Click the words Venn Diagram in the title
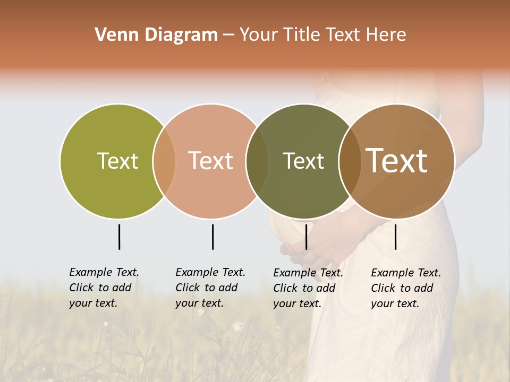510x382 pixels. click(x=156, y=35)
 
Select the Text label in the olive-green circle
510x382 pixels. click(x=117, y=161)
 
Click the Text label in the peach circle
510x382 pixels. click(x=210, y=161)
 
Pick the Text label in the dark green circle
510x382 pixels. click(x=303, y=161)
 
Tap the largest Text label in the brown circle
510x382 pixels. click(x=397, y=161)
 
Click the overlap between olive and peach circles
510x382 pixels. click(x=164, y=161)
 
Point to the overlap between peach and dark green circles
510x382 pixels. click(x=257, y=161)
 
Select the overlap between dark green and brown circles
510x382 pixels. click(x=350, y=161)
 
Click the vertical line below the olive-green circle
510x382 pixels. click(x=119, y=237)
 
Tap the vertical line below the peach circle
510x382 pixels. click(x=212, y=237)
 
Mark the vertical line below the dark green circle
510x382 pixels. click(x=306, y=237)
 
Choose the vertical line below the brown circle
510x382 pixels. click(x=395, y=237)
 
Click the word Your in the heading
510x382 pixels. click(x=259, y=35)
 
